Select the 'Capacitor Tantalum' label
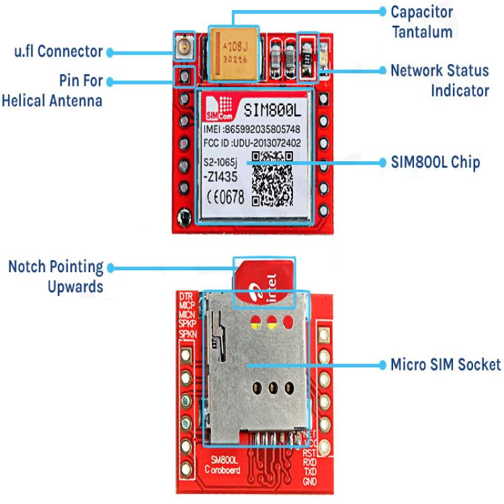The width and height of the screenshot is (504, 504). click(421, 21)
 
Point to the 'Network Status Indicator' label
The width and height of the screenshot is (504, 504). click(440, 79)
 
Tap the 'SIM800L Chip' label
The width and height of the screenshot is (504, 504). click(435, 163)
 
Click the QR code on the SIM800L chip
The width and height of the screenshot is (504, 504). click(272, 178)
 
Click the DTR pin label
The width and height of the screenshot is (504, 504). click(186, 295)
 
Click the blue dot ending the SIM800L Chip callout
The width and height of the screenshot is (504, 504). click(382, 163)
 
